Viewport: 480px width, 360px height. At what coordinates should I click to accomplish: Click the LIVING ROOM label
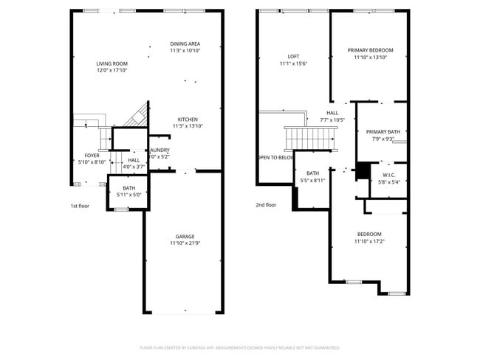(x=112, y=63)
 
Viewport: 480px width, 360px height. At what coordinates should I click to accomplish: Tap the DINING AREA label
(x=185, y=44)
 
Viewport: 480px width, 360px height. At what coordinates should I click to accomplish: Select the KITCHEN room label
(x=187, y=120)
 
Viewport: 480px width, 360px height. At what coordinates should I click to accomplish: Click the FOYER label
(x=92, y=156)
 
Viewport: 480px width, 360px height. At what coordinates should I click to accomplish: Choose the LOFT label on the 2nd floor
(x=293, y=57)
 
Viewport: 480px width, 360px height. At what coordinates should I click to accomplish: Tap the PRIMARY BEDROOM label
(x=370, y=50)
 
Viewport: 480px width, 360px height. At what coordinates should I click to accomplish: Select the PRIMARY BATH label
(x=383, y=131)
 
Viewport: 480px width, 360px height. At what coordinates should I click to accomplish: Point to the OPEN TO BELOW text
(x=275, y=157)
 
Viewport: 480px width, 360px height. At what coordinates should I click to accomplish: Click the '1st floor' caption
(x=80, y=206)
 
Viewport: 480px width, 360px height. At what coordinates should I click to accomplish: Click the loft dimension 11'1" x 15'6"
(x=293, y=64)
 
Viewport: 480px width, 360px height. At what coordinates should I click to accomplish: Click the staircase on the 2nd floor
(x=309, y=136)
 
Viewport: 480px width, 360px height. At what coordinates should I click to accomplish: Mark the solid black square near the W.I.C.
(x=363, y=170)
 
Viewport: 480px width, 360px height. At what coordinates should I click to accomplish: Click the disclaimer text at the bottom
(x=239, y=347)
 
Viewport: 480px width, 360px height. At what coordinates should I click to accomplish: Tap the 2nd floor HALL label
(x=332, y=113)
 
